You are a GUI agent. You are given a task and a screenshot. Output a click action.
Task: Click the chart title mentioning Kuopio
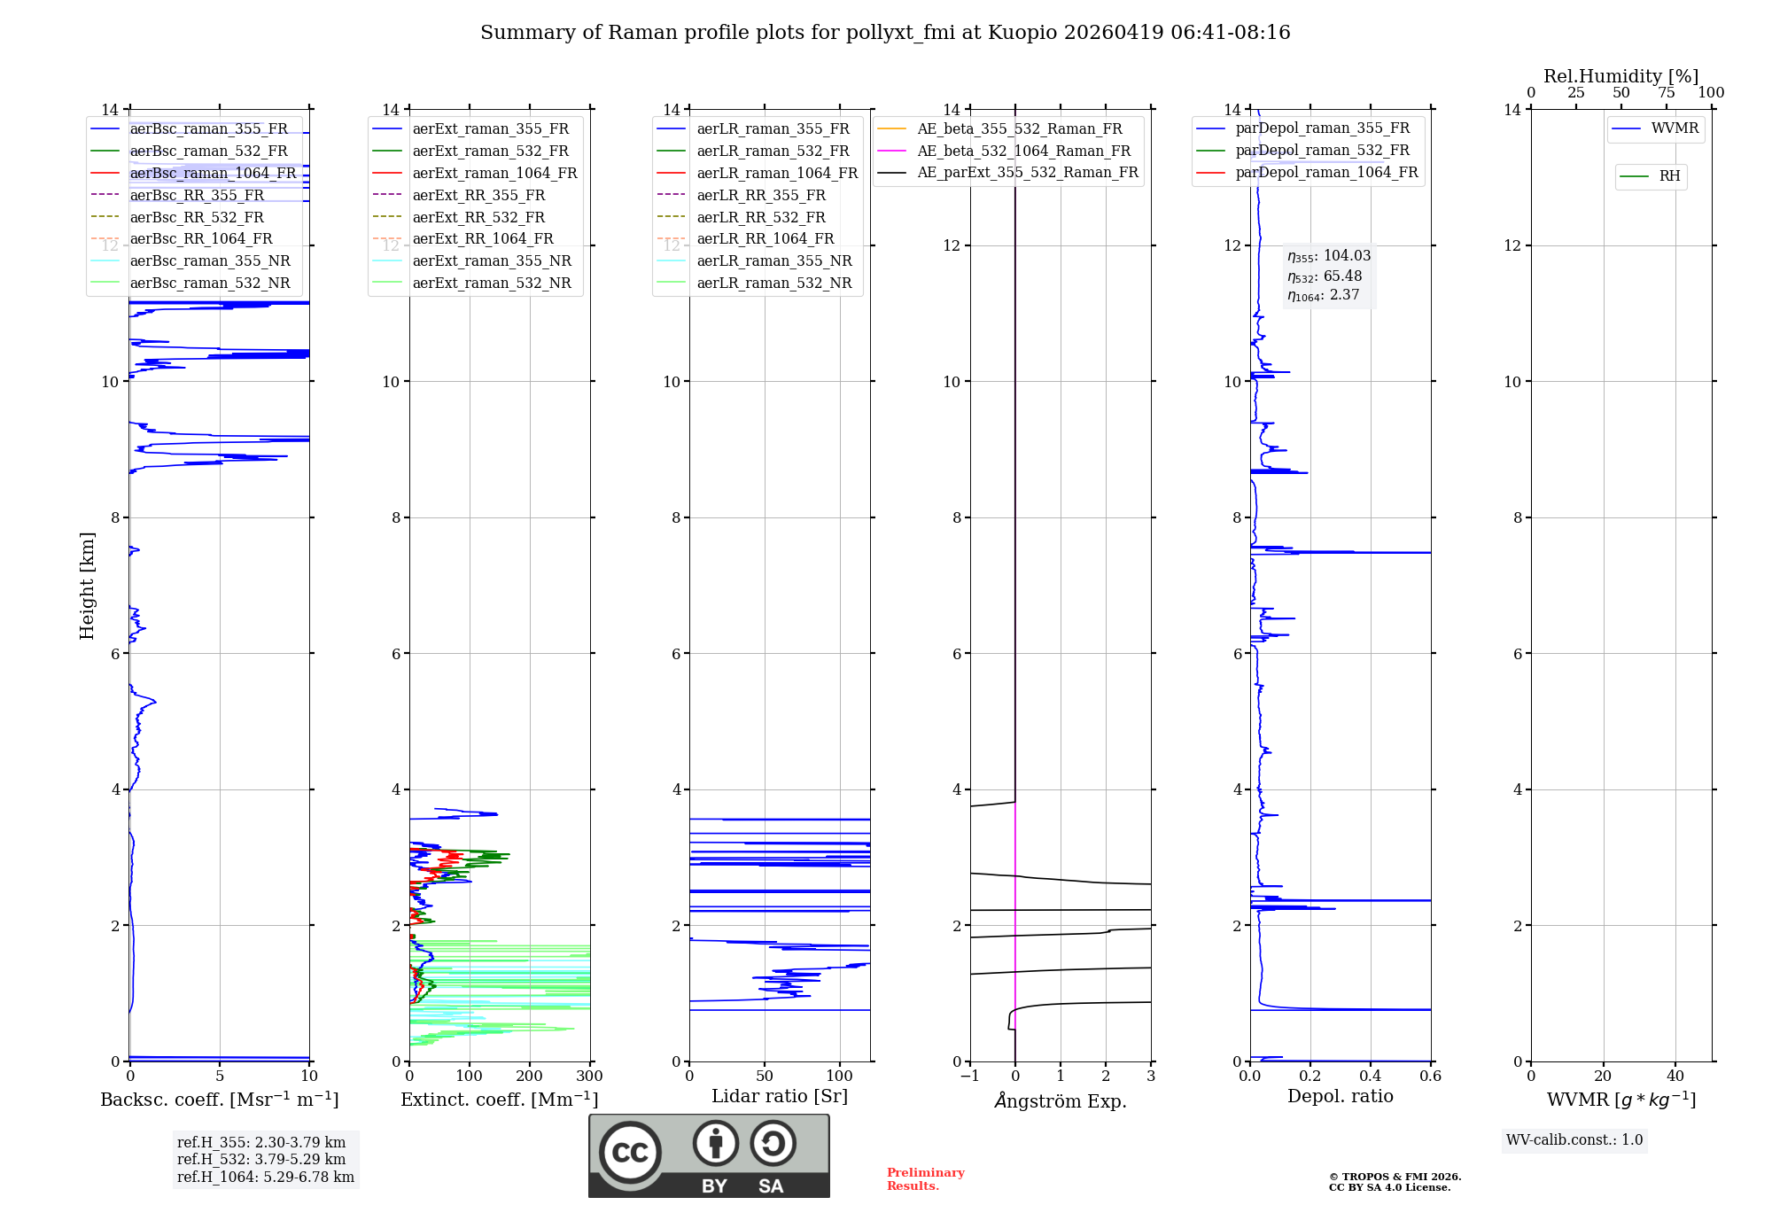click(885, 33)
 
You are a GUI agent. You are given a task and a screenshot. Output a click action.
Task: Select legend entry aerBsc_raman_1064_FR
click(213, 173)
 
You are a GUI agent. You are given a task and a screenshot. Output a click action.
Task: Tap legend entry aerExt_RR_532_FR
click(478, 217)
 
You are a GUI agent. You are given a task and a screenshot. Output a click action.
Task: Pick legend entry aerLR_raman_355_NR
click(773, 260)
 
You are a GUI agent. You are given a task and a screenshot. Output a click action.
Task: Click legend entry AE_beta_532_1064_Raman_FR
click(1023, 151)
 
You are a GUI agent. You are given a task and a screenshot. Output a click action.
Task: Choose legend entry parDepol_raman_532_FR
click(1322, 151)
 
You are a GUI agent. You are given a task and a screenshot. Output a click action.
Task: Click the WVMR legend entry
click(1675, 128)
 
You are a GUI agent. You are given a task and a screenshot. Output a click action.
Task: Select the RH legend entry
click(1669, 176)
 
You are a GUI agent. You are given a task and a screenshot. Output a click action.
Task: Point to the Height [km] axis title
click(87, 585)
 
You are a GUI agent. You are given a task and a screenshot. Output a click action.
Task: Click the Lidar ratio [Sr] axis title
click(779, 1096)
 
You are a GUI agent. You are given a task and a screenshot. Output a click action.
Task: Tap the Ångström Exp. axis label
click(1061, 1100)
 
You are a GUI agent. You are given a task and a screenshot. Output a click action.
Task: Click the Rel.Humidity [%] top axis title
click(1620, 76)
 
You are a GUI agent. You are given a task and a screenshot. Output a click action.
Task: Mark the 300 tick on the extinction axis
click(589, 1077)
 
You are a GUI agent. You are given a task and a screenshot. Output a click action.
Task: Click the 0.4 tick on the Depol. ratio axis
click(1371, 1077)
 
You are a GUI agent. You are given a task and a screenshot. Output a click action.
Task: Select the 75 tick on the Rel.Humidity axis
click(1666, 93)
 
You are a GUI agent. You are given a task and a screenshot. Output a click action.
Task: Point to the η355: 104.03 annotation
click(1329, 256)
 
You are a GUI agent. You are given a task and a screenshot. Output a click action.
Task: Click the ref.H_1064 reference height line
click(265, 1177)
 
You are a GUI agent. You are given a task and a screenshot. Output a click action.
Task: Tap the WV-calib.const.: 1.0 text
click(1574, 1140)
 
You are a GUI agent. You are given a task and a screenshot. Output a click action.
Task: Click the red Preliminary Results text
click(925, 1179)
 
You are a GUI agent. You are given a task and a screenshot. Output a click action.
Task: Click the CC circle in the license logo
click(630, 1152)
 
